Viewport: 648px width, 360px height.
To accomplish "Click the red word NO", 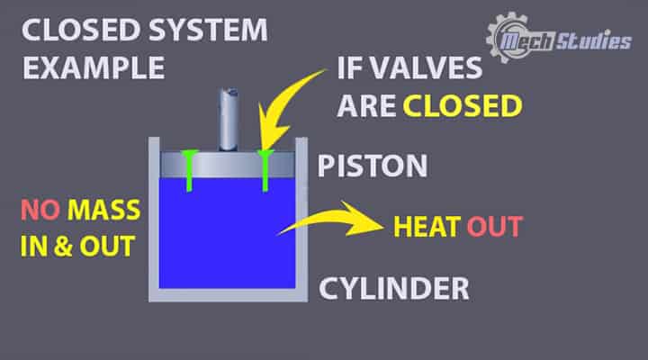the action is tap(40, 212).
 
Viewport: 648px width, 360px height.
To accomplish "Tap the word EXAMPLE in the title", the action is tap(94, 68).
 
